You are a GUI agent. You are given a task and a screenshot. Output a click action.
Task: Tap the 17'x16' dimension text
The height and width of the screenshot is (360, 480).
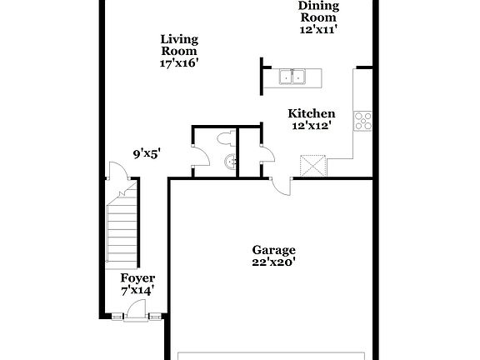pyautogui.click(x=179, y=62)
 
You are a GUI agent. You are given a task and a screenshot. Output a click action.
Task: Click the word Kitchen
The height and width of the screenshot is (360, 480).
pyautogui.click(x=312, y=113)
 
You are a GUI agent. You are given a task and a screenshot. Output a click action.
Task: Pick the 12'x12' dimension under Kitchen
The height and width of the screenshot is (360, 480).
pyautogui.click(x=312, y=126)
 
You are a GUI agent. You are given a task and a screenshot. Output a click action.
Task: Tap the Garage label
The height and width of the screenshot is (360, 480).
pyautogui.click(x=274, y=249)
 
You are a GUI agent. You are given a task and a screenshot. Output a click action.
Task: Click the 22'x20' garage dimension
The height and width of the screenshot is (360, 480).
pyautogui.click(x=274, y=262)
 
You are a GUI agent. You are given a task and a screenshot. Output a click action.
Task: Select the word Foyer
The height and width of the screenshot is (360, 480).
pyautogui.click(x=137, y=277)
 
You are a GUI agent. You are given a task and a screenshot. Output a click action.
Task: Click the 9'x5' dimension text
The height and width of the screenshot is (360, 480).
pyautogui.click(x=147, y=152)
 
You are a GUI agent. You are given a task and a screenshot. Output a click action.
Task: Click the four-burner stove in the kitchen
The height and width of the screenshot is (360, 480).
pyautogui.click(x=363, y=121)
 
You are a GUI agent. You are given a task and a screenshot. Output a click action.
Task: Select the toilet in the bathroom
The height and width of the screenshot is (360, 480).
pyautogui.click(x=225, y=137)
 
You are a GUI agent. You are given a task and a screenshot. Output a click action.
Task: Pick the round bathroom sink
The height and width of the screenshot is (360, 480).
pyautogui.click(x=231, y=161)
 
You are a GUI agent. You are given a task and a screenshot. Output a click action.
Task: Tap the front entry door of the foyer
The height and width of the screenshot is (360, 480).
pyautogui.click(x=134, y=315)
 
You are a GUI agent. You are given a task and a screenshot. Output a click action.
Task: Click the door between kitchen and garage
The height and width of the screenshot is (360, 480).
pyautogui.click(x=281, y=185)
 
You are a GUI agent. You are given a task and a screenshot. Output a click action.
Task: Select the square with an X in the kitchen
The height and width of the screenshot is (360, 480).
pyautogui.click(x=312, y=165)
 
